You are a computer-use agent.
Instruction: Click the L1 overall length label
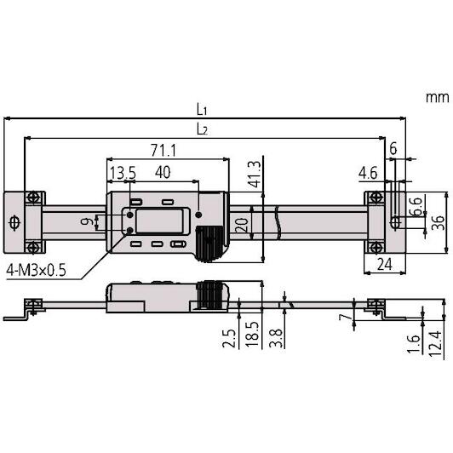202,110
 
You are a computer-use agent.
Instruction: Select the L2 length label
202,129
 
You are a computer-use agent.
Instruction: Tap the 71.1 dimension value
163,150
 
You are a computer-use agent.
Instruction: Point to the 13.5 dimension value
123,173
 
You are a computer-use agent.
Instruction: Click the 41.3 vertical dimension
255,175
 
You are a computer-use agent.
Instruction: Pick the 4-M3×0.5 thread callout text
36,271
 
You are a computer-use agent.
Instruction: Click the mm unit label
438,97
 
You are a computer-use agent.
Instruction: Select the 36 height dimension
438,222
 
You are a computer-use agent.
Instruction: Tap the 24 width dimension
385,264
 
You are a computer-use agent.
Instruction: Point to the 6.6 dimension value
416,207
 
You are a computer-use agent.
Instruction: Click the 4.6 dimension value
368,174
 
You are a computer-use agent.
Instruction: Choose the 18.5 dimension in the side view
252,334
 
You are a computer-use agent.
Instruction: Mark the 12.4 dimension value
435,344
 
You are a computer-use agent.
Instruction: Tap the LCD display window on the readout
159,221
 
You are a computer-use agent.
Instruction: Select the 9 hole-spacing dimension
86,221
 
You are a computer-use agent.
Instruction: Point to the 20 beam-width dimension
242,226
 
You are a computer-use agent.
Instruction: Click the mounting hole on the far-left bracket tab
14,223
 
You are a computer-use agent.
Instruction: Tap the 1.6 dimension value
414,344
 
